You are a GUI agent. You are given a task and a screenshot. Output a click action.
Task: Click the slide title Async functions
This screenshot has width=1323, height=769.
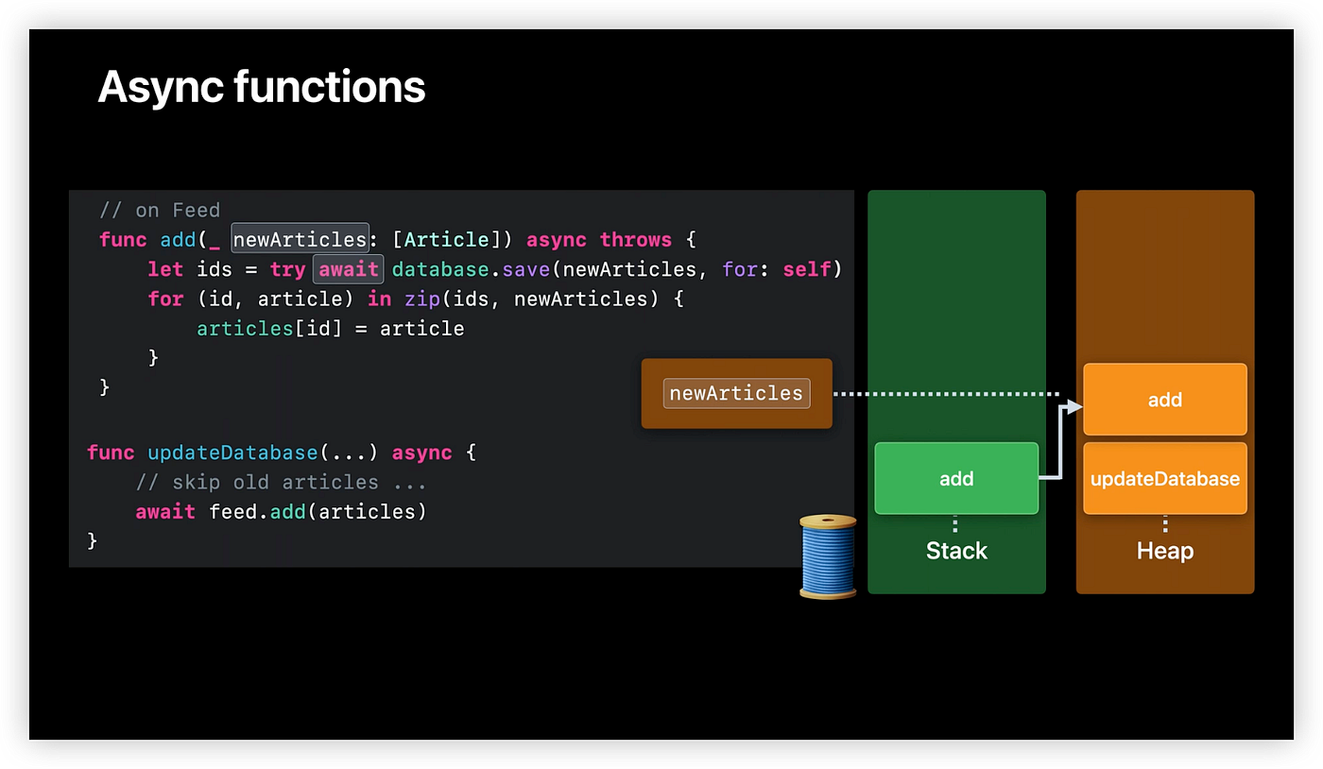[x=261, y=87]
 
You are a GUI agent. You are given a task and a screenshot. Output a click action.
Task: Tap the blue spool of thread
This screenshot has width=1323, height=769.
[x=828, y=556]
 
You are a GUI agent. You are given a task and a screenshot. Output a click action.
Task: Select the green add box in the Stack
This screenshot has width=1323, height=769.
[x=956, y=479]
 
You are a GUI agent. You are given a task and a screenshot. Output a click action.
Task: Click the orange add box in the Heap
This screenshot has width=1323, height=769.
[x=1164, y=400]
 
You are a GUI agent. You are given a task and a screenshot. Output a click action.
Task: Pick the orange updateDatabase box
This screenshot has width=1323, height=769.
[x=1164, y=479]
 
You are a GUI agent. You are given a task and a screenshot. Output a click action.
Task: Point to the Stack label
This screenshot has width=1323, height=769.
[x=956, y=551]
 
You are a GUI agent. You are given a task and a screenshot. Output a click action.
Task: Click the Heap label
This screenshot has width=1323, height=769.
[x=1164, y=551]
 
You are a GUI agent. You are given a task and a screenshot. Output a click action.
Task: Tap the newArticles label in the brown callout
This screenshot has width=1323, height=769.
[x=736, y=393]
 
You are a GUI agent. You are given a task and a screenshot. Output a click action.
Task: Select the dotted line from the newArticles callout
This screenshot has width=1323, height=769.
[x=945, y=393]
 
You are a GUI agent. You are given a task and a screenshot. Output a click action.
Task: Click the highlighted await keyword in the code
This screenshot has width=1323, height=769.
[x=349, y=269]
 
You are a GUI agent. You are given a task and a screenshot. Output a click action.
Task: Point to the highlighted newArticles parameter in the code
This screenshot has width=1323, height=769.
[x=300, y=240]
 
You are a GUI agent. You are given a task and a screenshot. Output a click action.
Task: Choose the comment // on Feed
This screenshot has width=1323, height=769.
[x=160, y=210]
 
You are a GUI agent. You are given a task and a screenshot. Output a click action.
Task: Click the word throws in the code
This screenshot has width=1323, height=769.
[x=635, y=240]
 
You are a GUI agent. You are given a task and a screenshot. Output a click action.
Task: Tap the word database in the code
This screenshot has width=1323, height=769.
[x=438, y=269]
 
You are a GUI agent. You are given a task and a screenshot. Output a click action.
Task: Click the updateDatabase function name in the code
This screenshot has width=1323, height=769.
[x=232, y=453]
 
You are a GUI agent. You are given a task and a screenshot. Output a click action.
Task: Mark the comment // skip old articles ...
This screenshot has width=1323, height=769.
[x=281, y=482]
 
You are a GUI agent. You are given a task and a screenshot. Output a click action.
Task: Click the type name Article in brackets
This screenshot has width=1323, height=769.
[x=446, y=240]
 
